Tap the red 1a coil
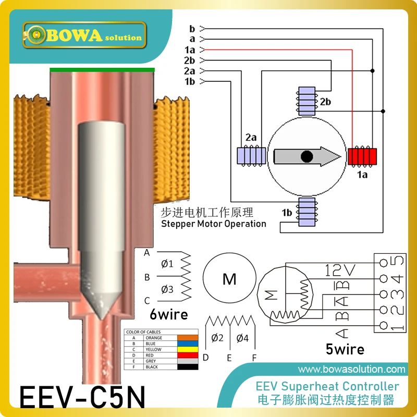tap(362, 155)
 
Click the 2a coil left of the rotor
tap(251, 155)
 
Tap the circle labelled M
tap(229, 279)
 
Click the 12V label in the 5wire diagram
tap(341, 270)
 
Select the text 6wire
tap(168, 314)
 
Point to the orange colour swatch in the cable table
tap(188, 338)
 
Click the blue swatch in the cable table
tap(188, 344)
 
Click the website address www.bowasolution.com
tap(352, 370)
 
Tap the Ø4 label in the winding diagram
tap(242, 338)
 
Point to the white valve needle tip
tap(100, 308)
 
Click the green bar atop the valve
tap(102, 69)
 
